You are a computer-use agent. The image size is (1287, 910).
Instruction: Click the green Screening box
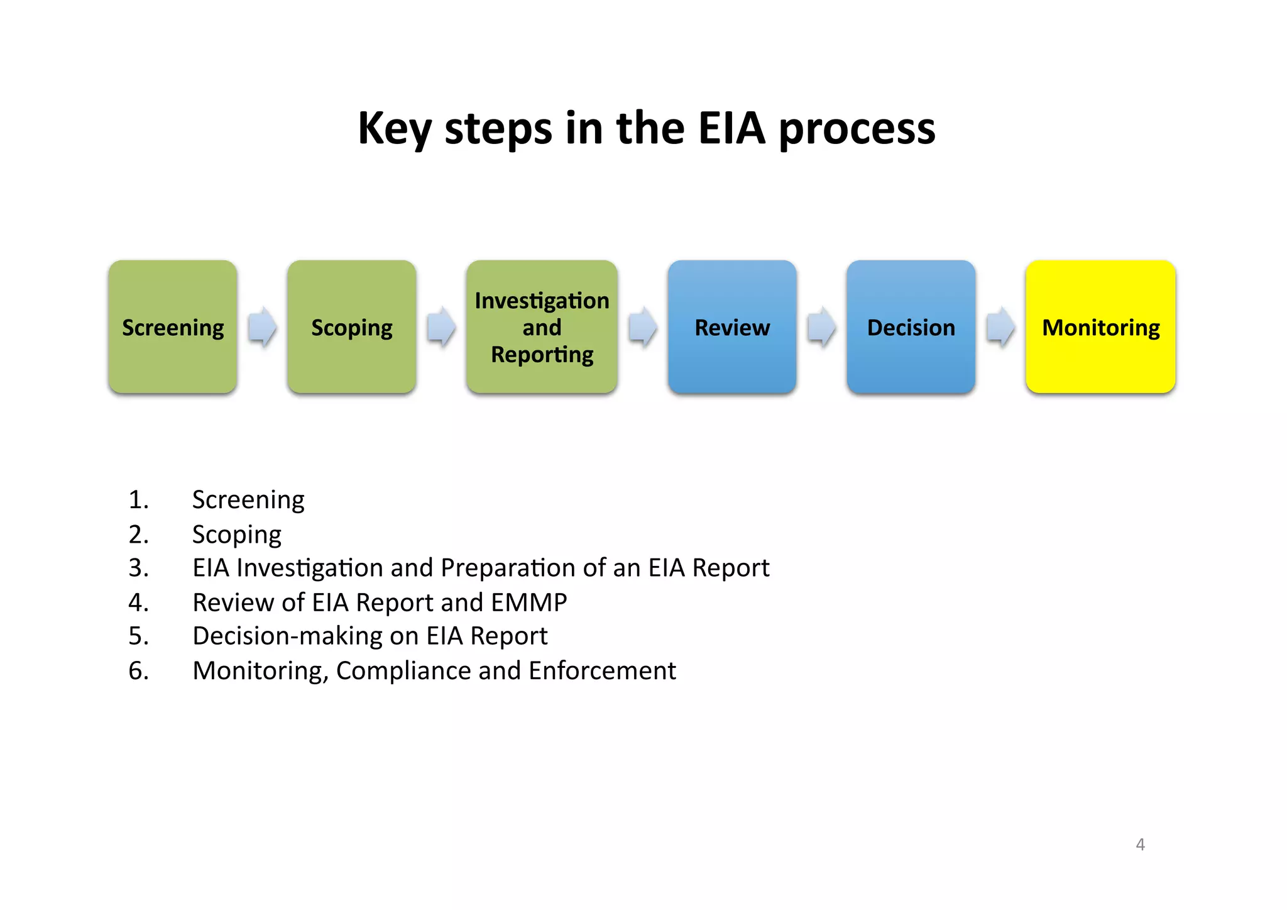click(x=173, y=327)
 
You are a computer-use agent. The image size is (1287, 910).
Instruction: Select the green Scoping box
click(x=352, y=327)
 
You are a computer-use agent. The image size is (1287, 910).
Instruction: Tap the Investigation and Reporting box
click(x=542, y=327)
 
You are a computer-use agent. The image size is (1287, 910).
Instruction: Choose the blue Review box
click(x=732, y=327)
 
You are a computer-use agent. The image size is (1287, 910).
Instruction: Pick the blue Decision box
click(x=911, y=327)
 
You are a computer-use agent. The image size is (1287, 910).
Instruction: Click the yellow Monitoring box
click(x=1100, y=327)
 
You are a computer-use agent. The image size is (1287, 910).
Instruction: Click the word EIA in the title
click(x=731, y=128)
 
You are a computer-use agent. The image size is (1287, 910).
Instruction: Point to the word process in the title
click(x=857, y=130)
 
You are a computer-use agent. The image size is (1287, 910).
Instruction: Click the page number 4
click(x=1140, y=845)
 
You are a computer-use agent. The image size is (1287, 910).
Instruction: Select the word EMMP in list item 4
click(x=529, y=602)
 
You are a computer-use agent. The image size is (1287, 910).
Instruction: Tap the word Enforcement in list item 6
click(x=602, y=670)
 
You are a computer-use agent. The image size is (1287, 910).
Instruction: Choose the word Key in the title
click(x=394, y=130)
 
